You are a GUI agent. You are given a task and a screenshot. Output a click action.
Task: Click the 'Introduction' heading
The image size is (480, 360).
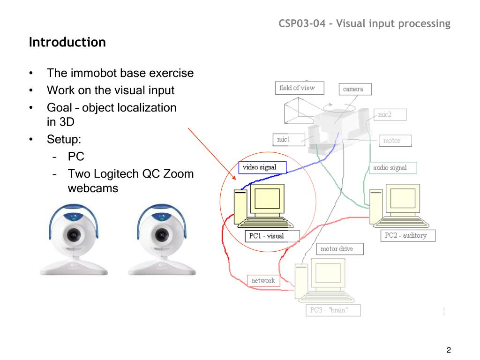(x=67, y=43)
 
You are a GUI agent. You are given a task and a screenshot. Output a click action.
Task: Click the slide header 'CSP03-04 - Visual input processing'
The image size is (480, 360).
(x=365, y=23)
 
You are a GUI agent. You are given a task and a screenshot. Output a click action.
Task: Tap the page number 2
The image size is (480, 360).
(x=449, y=350)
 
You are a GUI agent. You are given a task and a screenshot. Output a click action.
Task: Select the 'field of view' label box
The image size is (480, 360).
(x=297, y=88)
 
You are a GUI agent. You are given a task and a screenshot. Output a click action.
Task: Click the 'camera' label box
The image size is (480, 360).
(x=353, y=89)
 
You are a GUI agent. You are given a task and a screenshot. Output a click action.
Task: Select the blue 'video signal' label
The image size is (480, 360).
(x=259, y=167)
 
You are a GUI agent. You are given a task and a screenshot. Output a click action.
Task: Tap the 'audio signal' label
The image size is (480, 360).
(x=390, y=168)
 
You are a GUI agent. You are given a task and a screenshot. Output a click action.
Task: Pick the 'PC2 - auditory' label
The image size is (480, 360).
(x=406, y=235)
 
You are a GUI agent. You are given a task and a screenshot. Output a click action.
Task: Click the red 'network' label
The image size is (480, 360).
(x=263, y=280)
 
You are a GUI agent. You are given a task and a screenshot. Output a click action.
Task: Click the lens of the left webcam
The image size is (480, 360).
(x=74, y=234)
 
